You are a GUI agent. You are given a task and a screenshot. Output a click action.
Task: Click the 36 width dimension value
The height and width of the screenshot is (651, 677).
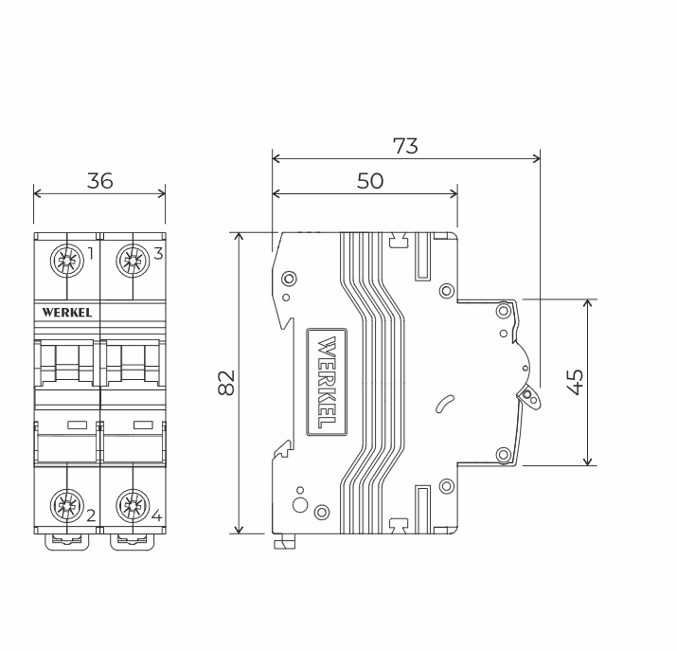(x=99, y=181)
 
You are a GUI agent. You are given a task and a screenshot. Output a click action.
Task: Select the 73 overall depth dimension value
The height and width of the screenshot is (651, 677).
(x=405, y=146)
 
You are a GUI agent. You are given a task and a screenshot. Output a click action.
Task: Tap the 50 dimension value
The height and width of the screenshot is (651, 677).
(x=370, y=181)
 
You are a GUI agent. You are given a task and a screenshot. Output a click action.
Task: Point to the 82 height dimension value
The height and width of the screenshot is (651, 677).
(x=225, y=383)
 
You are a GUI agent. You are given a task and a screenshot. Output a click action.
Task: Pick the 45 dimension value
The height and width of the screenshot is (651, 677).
(x=575, y=382)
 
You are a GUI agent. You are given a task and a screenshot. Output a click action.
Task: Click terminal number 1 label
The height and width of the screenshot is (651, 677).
(x=90, y=254)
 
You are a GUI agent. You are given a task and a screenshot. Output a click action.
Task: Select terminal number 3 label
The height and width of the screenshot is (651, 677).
(x=158, y=254)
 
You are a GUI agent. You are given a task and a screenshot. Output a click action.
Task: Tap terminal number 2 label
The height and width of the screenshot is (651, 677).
(x=91, y=515)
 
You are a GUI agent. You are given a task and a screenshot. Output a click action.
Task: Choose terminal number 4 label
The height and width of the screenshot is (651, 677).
(x=157, y=515)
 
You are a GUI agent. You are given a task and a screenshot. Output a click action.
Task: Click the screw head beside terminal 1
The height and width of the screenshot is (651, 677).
(x=67, y=260)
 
